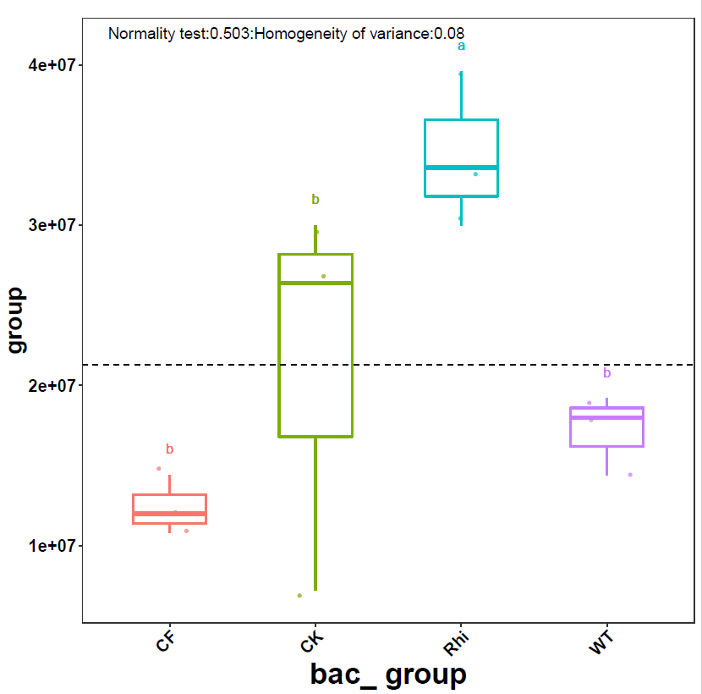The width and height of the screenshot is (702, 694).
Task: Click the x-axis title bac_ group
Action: [x=388, y=675]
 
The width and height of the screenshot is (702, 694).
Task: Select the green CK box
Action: [x=315, y=355]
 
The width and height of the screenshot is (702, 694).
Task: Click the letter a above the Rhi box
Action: [x=462, y=47]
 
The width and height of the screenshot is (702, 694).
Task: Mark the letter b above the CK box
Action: [x=315, y=200]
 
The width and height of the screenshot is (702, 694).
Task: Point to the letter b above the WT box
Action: [x=606, y=373]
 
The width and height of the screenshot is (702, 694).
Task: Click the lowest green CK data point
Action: [x=299, y=596]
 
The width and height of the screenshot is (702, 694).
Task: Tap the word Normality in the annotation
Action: [x=139, y=34]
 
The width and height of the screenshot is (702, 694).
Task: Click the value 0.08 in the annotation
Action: [x=448, y=34]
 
